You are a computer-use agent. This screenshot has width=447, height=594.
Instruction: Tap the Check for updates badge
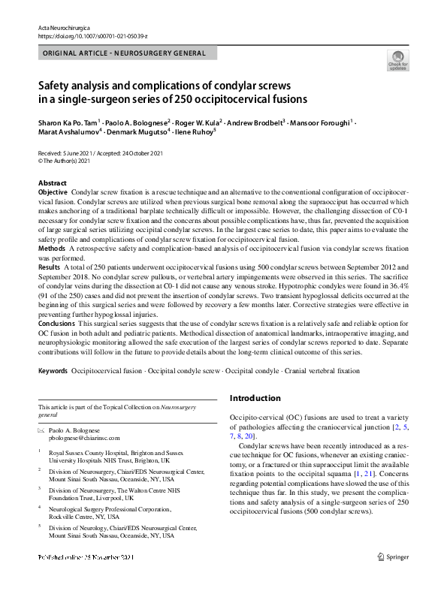coord(398,60)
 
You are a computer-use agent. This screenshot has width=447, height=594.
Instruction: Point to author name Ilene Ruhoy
coord(192,132)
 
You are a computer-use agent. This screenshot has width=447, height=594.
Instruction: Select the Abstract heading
coord(52,183)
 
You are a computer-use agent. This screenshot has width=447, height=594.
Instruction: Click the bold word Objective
coord(53,193)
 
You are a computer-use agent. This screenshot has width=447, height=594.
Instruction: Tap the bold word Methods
coord(52,247)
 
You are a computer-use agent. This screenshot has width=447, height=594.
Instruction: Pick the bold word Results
coord(50,267)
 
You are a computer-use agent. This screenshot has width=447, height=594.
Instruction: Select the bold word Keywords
coord(54,371)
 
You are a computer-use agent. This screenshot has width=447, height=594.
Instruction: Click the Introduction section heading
coord(256,398)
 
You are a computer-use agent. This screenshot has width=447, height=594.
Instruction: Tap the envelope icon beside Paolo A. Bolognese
coord(41,431)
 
